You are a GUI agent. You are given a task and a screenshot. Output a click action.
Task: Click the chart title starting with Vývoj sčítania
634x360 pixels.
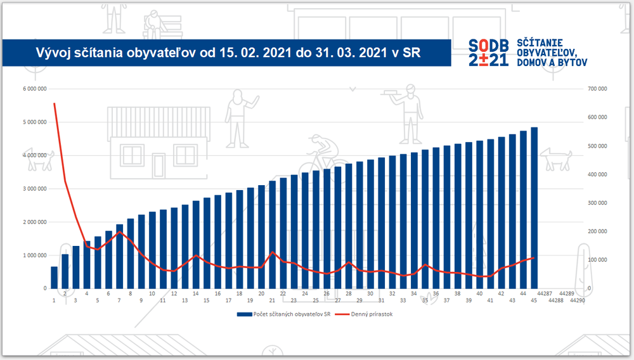[x=227, y=51]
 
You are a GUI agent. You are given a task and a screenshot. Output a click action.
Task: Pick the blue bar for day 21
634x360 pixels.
[x=273, y=235]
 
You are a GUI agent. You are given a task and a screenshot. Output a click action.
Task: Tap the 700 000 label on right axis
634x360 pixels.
[x=597, y=89]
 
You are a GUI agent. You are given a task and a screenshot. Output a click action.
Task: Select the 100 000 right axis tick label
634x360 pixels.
[x=597, y=260]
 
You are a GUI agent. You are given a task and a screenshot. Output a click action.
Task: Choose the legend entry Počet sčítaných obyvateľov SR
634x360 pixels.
[x=287, y=314]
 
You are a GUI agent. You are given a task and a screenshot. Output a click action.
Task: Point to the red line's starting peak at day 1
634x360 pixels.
[x=54, y=103]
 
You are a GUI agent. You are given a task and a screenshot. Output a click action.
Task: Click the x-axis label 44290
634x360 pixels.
[x=577, y=300]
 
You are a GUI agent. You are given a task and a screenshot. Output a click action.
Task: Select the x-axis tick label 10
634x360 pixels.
[x=152, y=294]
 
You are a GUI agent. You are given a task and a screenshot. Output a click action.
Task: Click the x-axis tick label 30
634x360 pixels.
[x=370, y=294]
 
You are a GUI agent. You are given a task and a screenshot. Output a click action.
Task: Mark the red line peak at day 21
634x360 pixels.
[x=273, y=252]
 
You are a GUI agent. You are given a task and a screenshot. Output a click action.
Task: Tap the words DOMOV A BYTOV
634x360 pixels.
[x=552, y=62]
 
